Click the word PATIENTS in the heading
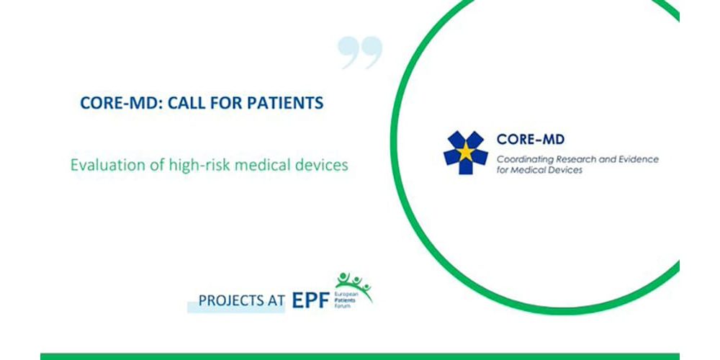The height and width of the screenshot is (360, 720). click(x=285, y=103)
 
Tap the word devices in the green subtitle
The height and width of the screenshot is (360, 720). click(x=323, y=165)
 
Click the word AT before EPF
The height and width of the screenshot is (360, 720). click(x=275, y=301)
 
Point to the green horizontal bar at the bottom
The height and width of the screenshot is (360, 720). click(x=360, y=356)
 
